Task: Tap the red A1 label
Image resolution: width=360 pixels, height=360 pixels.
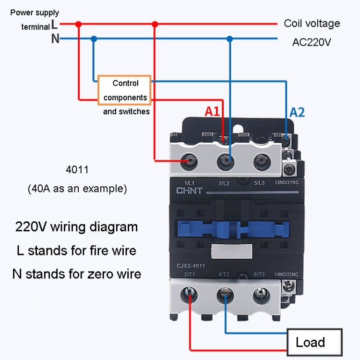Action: click(x=212, y=112)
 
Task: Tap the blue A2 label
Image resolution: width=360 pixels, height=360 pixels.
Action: click(x=297, y=112)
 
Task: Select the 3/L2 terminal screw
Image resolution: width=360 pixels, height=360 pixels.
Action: click(x=225, y=161)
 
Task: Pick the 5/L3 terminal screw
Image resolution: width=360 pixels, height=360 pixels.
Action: click(x=260, y=161)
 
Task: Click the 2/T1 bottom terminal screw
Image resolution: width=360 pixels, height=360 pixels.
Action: click(x=190, y=293)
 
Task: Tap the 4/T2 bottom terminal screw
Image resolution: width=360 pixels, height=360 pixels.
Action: click(x=225, y=293)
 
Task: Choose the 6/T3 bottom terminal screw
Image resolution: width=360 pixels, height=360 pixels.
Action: click(x=260, y=293)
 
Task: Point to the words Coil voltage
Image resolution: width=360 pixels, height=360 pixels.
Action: click(x=312, y=23)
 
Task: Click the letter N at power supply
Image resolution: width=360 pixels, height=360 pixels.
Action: click(x=55, y=39)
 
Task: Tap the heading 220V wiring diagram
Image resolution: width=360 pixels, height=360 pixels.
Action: click(x=76, y=227)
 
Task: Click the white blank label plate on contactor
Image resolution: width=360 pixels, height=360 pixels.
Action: click(x=231, y=250)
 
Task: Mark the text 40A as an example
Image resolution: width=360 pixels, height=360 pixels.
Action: click(x=77, y=189)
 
